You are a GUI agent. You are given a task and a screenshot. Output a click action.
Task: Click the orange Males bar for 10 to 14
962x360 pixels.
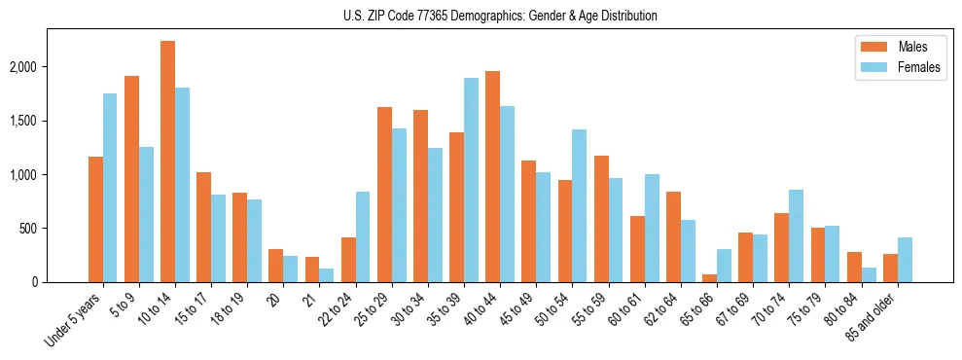click(x=167, y=162)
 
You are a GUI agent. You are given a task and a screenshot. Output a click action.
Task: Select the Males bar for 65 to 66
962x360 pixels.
click(x=709, y=278)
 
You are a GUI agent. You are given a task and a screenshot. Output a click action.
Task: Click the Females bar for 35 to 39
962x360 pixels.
click(x=471, y=180)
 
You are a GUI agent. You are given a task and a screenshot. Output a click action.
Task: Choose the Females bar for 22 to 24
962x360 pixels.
click(x=363, y=237)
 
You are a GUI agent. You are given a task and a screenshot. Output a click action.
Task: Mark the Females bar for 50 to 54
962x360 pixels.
click(x=579, y=205)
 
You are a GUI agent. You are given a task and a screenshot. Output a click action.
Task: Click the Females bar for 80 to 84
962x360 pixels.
click(x=869, y=274)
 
